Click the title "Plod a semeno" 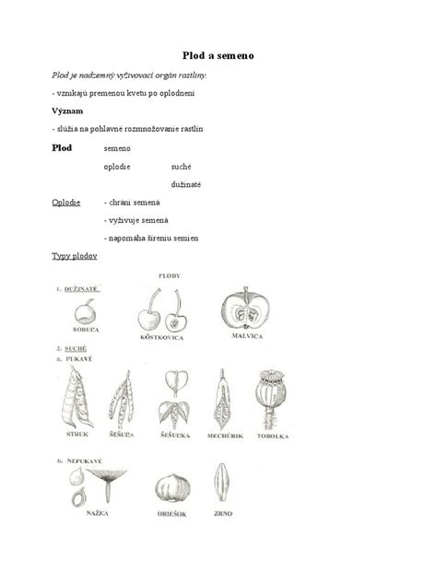(218, 56)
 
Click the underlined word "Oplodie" (66, 202)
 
